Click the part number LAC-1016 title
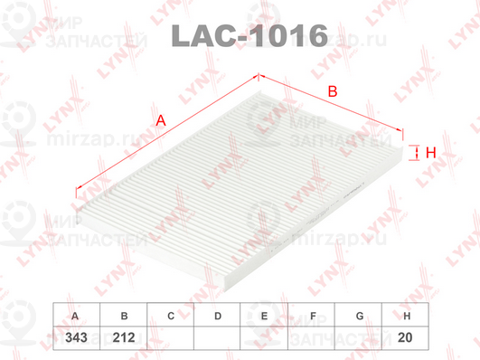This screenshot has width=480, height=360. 248,36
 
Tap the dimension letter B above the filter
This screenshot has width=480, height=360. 332,91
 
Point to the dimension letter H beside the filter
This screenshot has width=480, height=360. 431,153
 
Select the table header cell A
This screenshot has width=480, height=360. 75,316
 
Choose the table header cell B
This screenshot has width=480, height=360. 123,316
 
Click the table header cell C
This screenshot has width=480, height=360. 170,316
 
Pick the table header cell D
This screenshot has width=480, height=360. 217,316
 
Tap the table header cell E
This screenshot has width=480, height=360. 264,316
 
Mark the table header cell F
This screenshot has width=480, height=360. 312,316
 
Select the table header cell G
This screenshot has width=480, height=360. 359,316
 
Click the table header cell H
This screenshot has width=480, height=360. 407,316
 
